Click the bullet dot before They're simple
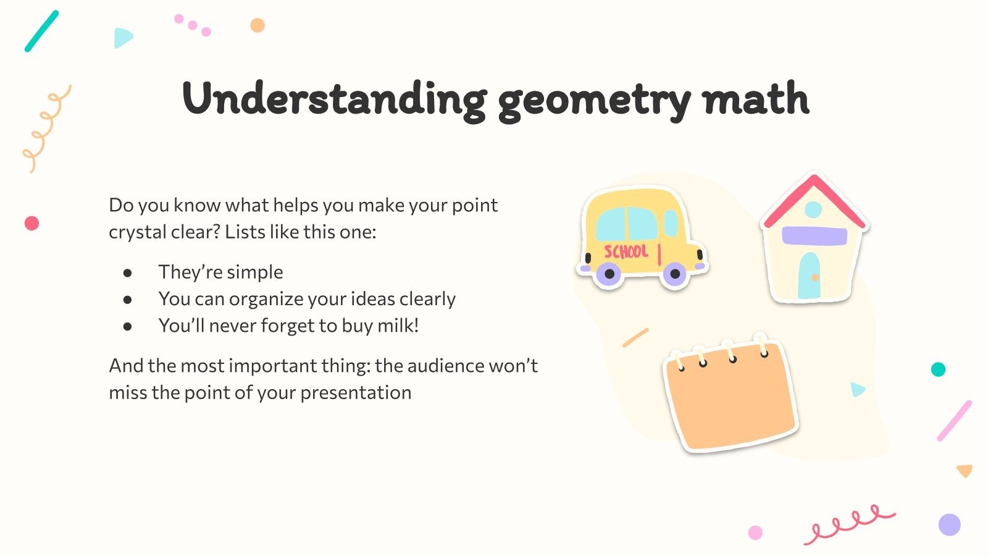point(128,272)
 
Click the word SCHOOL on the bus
point(626,251)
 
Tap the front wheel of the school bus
point(674,273)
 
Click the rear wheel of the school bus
point(609,273)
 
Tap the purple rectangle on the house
point(814,236)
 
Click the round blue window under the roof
point(813,209)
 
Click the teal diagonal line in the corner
point(41,31)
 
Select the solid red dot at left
point(31,223)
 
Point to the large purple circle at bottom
point(949,524)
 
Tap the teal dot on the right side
point(938,369)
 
